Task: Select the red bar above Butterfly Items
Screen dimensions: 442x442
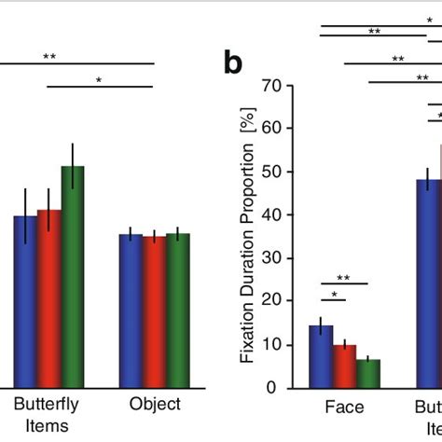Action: (x=49, y=298)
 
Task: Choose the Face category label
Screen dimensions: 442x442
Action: (x=344, y=407)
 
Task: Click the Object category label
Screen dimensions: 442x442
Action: (x=155, y=405)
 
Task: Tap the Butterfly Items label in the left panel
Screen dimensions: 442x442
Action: (x=47, y=414)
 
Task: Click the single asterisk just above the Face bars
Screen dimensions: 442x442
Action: (x=332, y=295)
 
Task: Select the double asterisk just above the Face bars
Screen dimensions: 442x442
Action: (x=343, y=278)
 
